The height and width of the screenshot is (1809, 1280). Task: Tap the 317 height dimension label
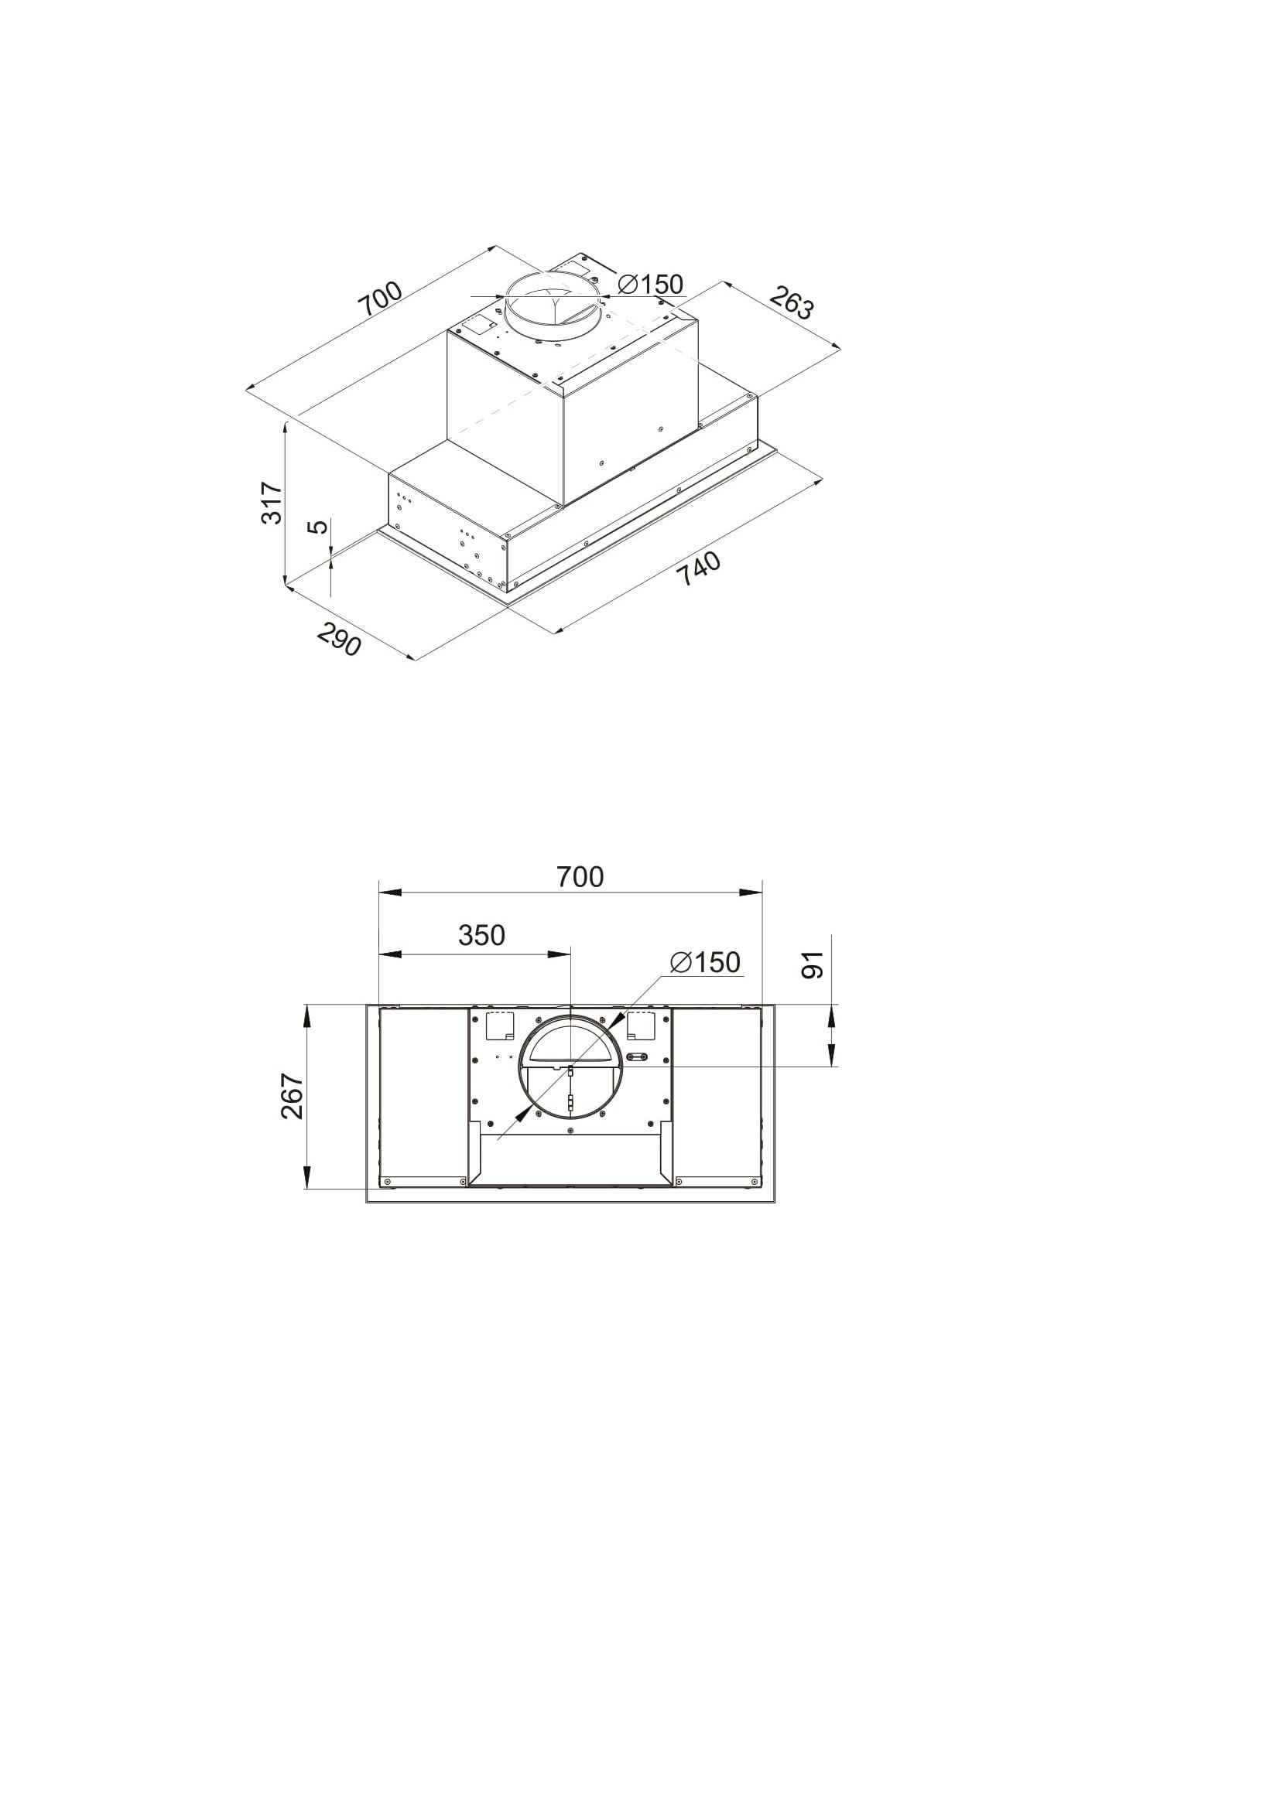[271, 503]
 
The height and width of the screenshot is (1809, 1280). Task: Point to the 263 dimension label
[791, 302]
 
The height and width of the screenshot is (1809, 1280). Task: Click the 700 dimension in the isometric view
[381, 298]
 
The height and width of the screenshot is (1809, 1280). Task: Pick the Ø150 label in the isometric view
[650, 284]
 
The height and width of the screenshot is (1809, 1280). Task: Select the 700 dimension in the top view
[580, 876]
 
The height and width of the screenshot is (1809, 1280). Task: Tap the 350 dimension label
[481, 935]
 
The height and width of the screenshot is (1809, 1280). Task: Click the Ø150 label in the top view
[706, 962]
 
